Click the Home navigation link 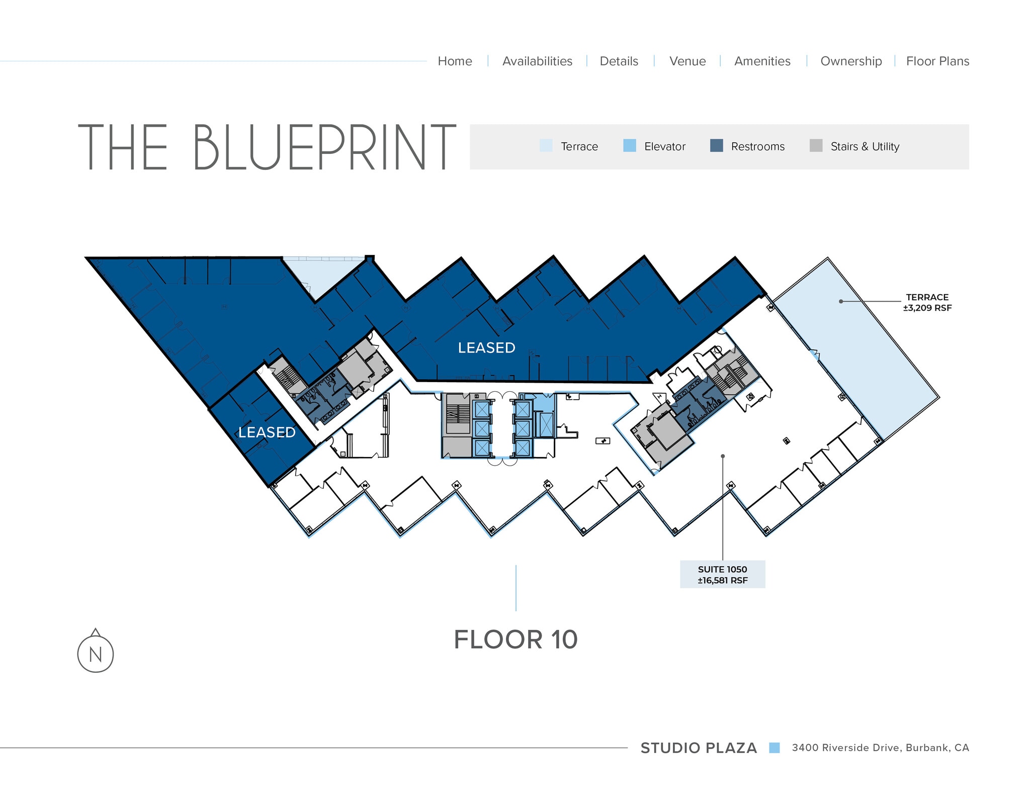tap(455, 61)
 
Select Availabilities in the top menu tap(537, 61)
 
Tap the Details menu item tap(619, 61)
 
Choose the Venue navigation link tap(688, 61)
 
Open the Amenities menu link tap(762, 61)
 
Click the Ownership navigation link tap(851, 61)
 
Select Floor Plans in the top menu tap(937, 61)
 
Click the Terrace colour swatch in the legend tap(546, 146)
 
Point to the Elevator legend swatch tap(629, 146)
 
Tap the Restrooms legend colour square tap(716, 146)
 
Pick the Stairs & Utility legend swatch tap(816, 146)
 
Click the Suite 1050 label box tap(722, 574)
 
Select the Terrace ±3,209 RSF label tap(927, 303)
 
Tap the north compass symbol tap(96, 653)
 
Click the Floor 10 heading tap(516, 640)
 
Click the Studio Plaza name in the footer tap(698, 748)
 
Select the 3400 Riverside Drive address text tap(880, 748)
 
